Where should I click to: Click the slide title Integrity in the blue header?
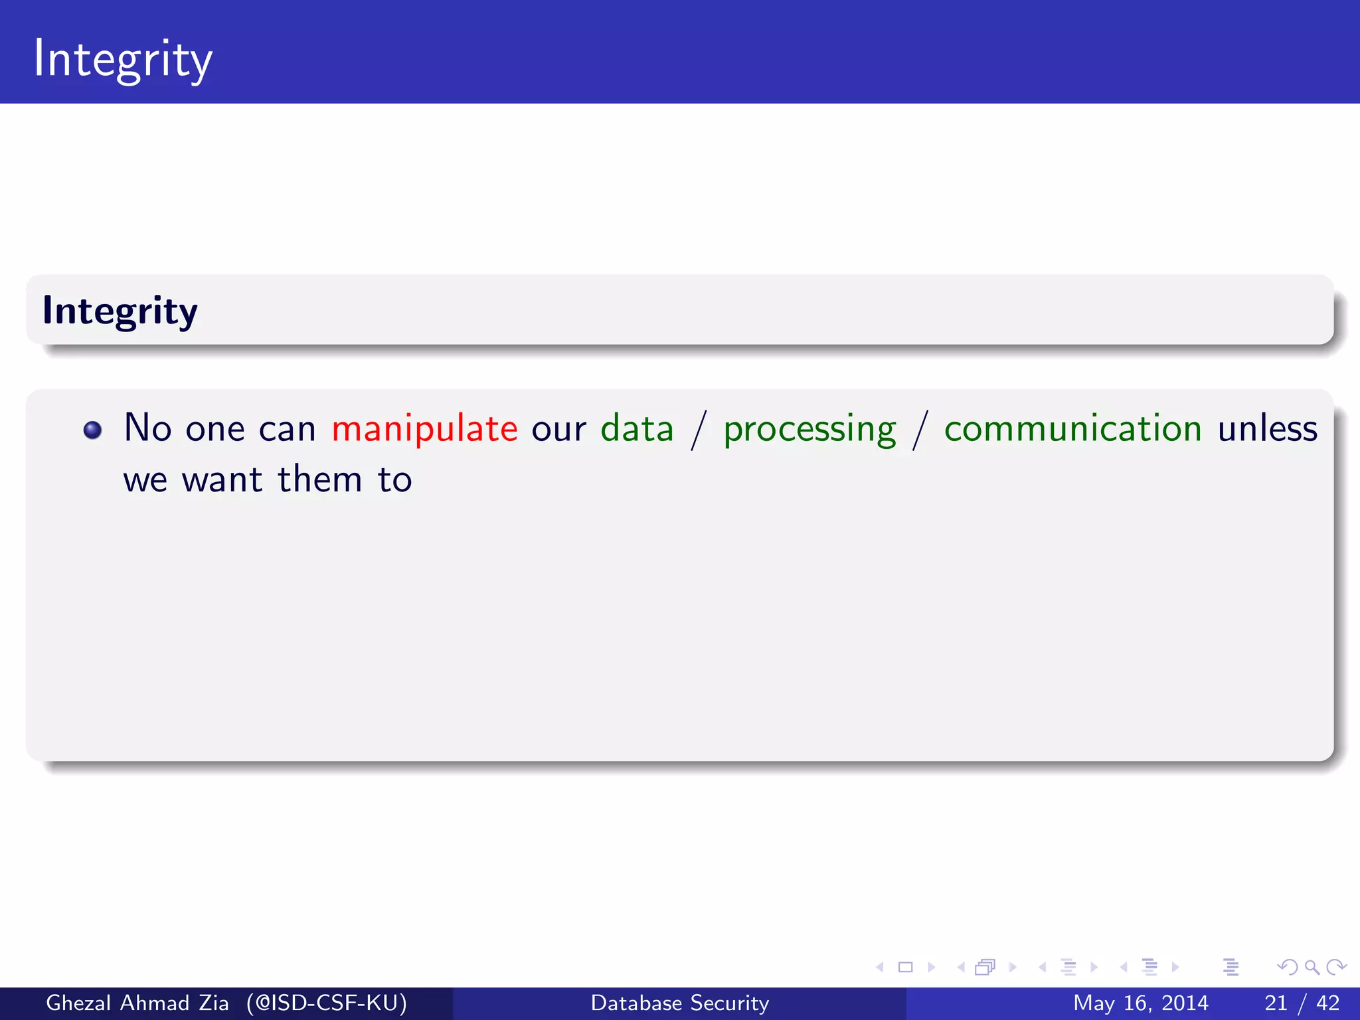coord(123,60)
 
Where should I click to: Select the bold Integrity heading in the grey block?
coord(120,311)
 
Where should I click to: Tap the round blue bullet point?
coord(92,430)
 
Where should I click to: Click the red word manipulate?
coord(424,429)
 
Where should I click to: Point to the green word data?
coord(637,429)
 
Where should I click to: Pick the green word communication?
coord(1072,429)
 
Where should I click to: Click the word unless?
coord(1267,429)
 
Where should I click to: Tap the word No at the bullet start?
coord(147,428)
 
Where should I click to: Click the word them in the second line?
coord(319,479)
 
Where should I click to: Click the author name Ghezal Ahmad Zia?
coord(137,1003)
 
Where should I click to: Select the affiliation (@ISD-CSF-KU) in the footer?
coord(326,1003)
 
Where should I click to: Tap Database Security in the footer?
coord(679,1003)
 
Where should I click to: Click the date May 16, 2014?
coord(1140,1003)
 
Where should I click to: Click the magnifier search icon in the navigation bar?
coord(1312,968)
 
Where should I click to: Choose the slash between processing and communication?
coord(920,430)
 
